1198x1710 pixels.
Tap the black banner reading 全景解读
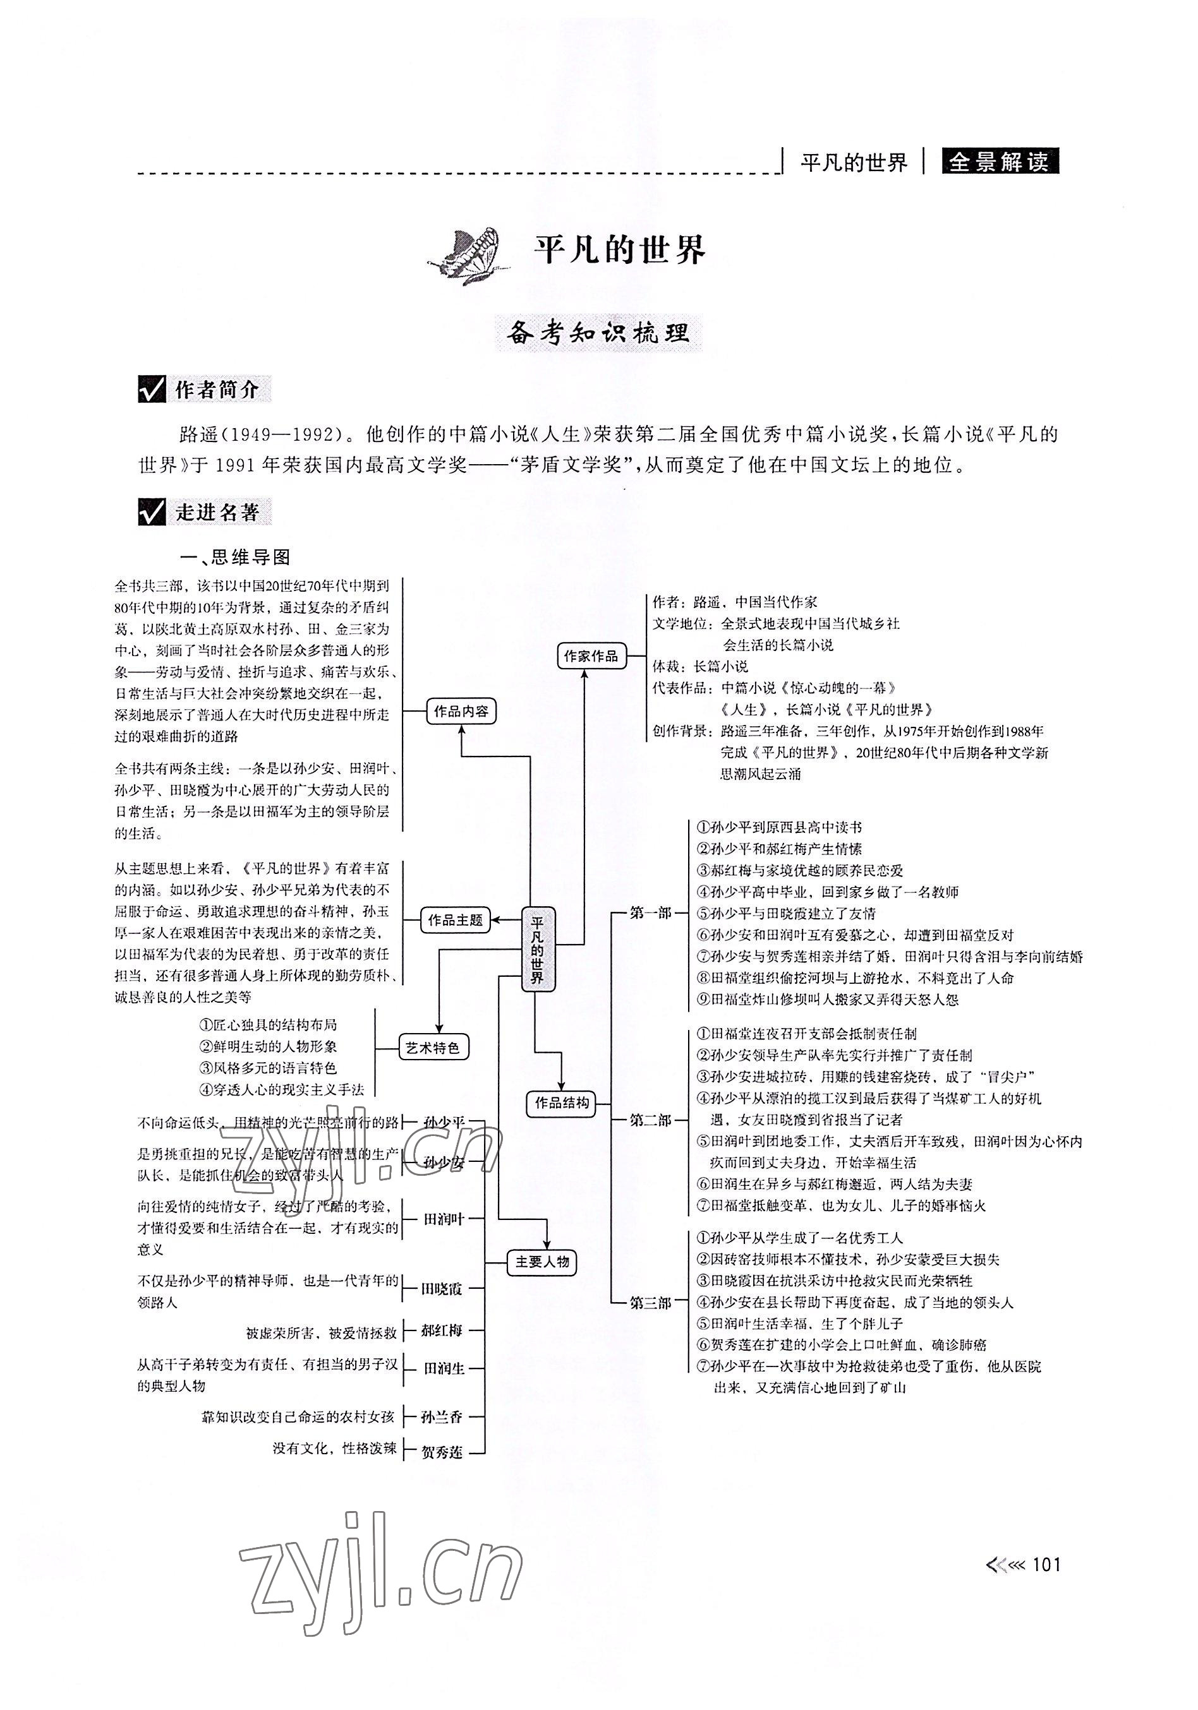pyautogui.click(x=998, y=162)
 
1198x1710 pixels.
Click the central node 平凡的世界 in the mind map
pyautogui.click(x=538, y=949)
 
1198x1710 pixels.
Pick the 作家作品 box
pyautogui.click(x=591, y=655)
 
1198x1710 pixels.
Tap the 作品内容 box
pyautogui.click(x=461, y=711)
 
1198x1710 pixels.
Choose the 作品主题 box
pyautogui.click(x=454, y=920)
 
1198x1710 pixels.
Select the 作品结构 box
pyautogui.click(x=562, y=1103)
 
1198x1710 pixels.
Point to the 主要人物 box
pyautogui.click(x=542, y=1262)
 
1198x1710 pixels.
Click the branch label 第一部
pyautogui.click(x=650, y=912)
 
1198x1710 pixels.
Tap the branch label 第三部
pyautogui.click(x=650, y=1303)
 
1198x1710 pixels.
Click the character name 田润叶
pyautogui.click(x=444, y=1219)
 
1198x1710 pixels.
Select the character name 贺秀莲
pyautogui.click(x=442, y=1452)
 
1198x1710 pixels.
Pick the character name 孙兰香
pyautogui.click(x=442, y=1416)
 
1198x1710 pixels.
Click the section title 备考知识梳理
pyautogui.click(x=598, y=333)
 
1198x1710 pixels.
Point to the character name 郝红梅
pyautogui.click(x=442, y=1330)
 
